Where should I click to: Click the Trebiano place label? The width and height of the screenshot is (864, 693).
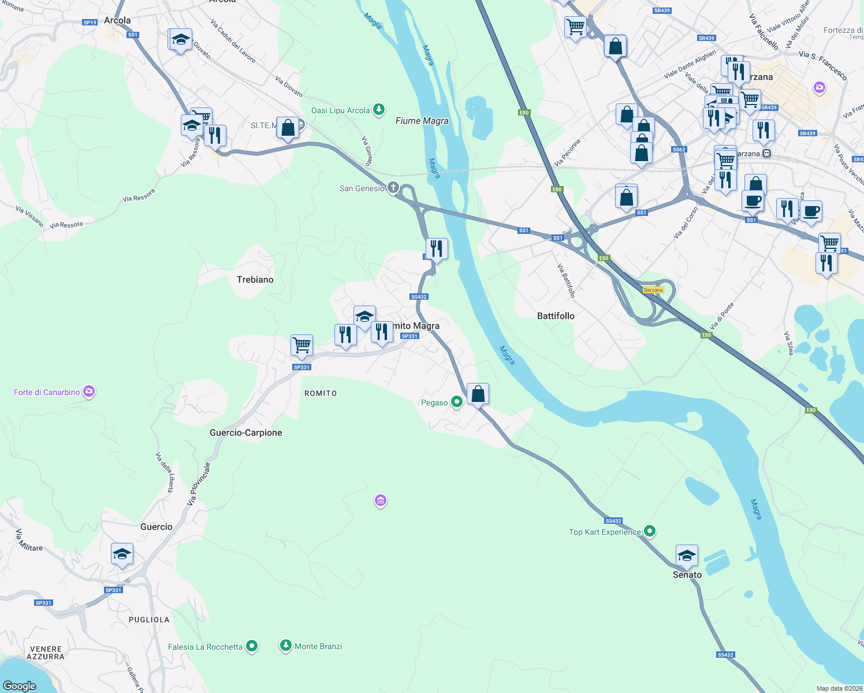coord(255,280)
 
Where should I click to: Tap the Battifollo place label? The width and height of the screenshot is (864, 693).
coord(556,316)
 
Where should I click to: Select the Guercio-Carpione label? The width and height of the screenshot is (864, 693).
coord(246,433)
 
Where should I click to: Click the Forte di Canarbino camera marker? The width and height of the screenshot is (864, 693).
coord(88,392)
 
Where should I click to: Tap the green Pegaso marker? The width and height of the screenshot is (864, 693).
coord(456,401)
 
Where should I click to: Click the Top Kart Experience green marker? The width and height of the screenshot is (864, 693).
coord(650,531)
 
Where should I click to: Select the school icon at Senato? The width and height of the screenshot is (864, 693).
coord(686,556)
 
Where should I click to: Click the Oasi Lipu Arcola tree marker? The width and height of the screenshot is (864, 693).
coord(379,109)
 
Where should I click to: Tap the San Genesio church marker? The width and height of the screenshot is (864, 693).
coord(393,187)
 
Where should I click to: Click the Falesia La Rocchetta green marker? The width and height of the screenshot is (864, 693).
coord(252,646)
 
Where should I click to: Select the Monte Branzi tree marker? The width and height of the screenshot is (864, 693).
coord(285,645)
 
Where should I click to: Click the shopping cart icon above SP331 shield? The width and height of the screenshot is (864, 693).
coord(301,345)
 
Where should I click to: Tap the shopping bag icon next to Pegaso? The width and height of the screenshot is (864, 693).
coord(478,394)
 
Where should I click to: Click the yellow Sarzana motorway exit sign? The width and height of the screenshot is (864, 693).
coord(653,290)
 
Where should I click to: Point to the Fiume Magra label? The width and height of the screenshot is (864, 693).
coord(422,121)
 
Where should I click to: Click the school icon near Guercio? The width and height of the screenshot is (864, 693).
coord(122,554)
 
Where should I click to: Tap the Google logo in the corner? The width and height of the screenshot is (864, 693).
coord(20,685)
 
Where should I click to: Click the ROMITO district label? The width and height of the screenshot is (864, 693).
coord(321,393)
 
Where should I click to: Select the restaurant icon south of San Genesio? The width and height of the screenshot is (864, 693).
coord(437,248)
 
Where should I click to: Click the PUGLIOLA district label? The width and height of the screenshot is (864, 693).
coord(149,620)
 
